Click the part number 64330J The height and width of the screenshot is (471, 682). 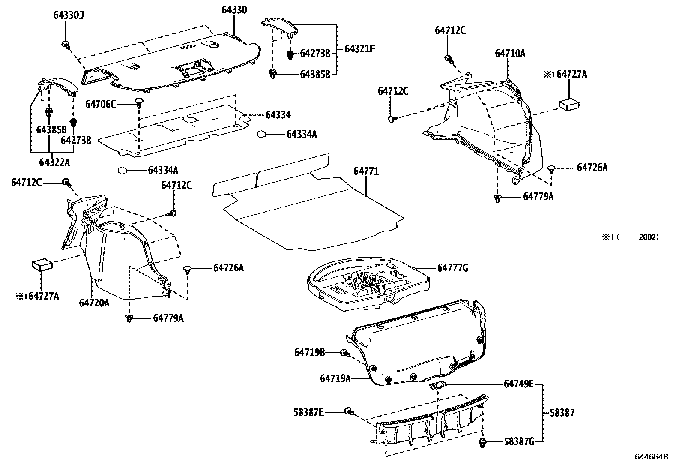click(68, 16)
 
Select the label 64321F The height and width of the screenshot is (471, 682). click(359, 49)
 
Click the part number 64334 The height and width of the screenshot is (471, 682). click(278, 115)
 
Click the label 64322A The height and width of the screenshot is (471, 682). click(54, 162)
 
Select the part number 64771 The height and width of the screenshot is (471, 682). click(366, 171)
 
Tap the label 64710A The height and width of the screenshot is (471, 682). click(510, 54)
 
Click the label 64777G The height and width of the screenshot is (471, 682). click(452, 268)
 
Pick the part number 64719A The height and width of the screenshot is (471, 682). click(335, 378)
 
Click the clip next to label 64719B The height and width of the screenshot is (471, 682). click(344, 353)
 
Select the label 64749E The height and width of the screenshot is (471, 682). click(518, 384)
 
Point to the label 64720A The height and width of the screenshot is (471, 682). click(94, 303)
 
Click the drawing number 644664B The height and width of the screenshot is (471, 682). click(651, 457)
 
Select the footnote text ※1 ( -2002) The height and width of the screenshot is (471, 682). click(631, 237)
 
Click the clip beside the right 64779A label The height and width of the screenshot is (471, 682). click(497, 198)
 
